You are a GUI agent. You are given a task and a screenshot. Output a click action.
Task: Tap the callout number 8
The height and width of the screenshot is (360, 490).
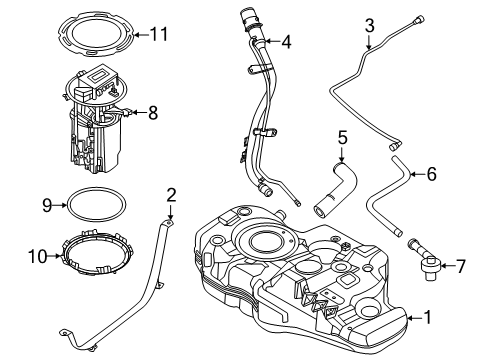tap(153, 114)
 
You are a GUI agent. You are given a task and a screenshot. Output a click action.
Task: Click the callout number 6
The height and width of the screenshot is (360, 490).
tap(431, 173)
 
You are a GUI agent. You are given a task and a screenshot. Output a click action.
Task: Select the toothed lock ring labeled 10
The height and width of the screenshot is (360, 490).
tap(96, 257)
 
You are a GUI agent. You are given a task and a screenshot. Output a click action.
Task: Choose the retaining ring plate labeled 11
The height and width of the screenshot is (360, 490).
tap(96, 35)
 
